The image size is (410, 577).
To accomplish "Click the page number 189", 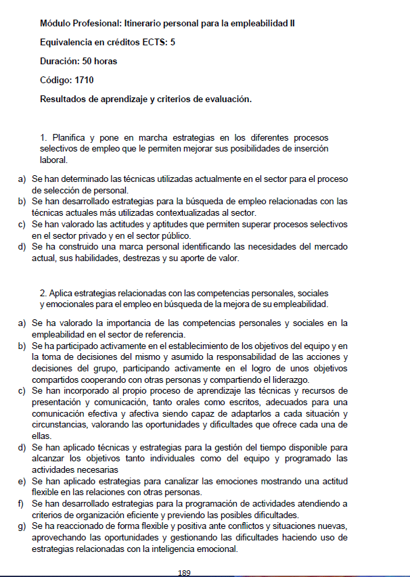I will click(x=184, y=572).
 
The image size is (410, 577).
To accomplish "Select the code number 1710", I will click(x=85, y=80).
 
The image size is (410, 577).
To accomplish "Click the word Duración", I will click(x=60, y=62).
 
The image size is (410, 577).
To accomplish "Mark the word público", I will click(x=173, y=235).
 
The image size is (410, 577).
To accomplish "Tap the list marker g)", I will click(x=21, y=527).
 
